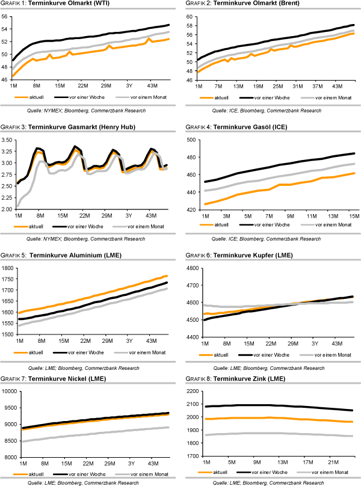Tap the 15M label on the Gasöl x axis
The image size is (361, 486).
(352, 216)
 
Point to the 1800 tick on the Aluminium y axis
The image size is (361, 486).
(8, 268)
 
